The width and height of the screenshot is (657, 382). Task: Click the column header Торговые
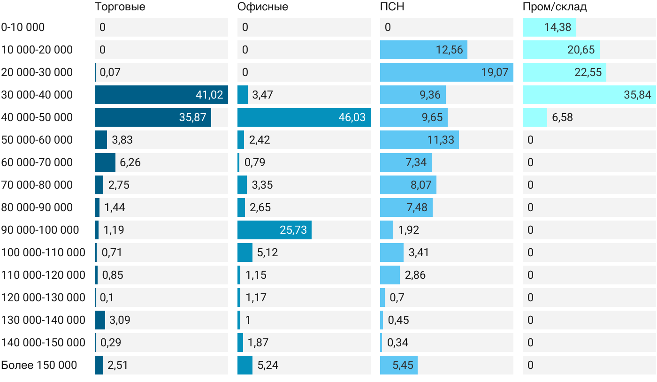tap(120, 7)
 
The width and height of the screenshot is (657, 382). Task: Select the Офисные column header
tap(262, 7)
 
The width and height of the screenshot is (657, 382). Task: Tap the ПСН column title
tap(392, 7)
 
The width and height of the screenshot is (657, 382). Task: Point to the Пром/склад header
tap(555, 7)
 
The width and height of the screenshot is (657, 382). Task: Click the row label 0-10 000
tap(23, 27)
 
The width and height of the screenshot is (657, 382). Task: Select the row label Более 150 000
tap(39, 365)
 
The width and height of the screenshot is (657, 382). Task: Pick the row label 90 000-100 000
tap(40, 230)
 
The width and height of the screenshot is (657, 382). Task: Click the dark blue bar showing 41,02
tap(161, 95)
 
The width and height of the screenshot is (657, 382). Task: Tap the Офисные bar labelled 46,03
tap(304, 117)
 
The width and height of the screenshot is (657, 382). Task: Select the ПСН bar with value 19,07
tap(447, 72)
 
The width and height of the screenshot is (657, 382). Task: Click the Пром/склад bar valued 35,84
tap(589, 95)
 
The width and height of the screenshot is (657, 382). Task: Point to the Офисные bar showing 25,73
tap(274, 230)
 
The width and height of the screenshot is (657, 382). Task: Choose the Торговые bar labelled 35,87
tap(153, 117)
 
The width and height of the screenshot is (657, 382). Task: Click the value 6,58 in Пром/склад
tap(562, 117)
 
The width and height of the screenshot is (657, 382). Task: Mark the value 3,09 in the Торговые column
tap(120, 320)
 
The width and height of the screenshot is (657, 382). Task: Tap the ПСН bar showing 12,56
tap(423, 50)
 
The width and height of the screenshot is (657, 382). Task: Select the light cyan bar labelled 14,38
tap(550, 27)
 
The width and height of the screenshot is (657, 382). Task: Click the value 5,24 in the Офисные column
tap(268, 365)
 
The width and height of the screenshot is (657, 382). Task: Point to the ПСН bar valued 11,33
tap(420, 140)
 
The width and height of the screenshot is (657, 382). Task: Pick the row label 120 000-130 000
tap(43, 298)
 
